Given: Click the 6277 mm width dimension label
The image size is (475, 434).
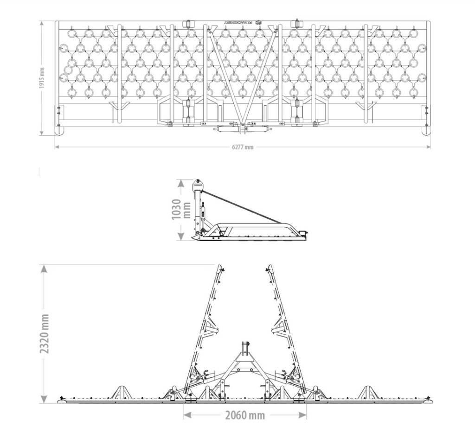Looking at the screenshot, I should pos(243,147).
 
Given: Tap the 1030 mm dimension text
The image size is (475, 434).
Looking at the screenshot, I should pos(180,210).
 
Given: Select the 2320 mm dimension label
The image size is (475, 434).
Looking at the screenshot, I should pos(45,333).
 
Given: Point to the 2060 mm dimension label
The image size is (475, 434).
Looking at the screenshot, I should pos(244,415).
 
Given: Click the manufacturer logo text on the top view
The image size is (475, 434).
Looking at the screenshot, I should pos(240,22).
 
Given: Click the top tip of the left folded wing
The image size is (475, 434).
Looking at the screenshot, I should pos(220,267).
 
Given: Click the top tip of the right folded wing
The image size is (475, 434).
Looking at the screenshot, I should pos(270,267).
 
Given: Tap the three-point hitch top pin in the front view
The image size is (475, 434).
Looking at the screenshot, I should pos(244,345).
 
